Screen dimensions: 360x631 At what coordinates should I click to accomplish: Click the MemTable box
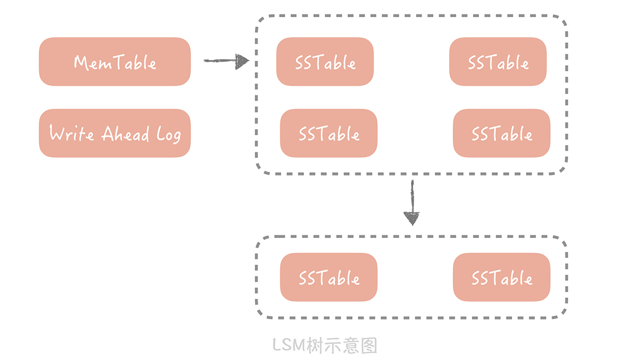coord(114,62)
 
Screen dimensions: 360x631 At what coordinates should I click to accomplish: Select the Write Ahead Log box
coord(114,133)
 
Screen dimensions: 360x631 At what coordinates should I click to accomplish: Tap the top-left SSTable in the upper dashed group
coord(325,62)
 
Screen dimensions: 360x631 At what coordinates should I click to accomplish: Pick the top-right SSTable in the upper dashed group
coord(498,62)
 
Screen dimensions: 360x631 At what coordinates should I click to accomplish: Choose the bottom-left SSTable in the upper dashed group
coord(329,133)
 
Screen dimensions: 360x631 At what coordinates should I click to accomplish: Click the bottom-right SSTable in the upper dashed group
coord(502,133)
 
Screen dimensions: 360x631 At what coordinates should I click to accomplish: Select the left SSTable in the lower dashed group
coord(329,277)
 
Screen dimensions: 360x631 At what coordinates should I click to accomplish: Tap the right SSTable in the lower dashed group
coord(502,277)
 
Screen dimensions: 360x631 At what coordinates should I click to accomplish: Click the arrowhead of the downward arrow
coord(412,219)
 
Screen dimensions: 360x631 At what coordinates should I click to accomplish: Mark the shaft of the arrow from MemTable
coord(219,60)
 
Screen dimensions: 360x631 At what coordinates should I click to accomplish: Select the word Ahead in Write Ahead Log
coord(125,134)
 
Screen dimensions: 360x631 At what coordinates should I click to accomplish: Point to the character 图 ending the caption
coord(369,346)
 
